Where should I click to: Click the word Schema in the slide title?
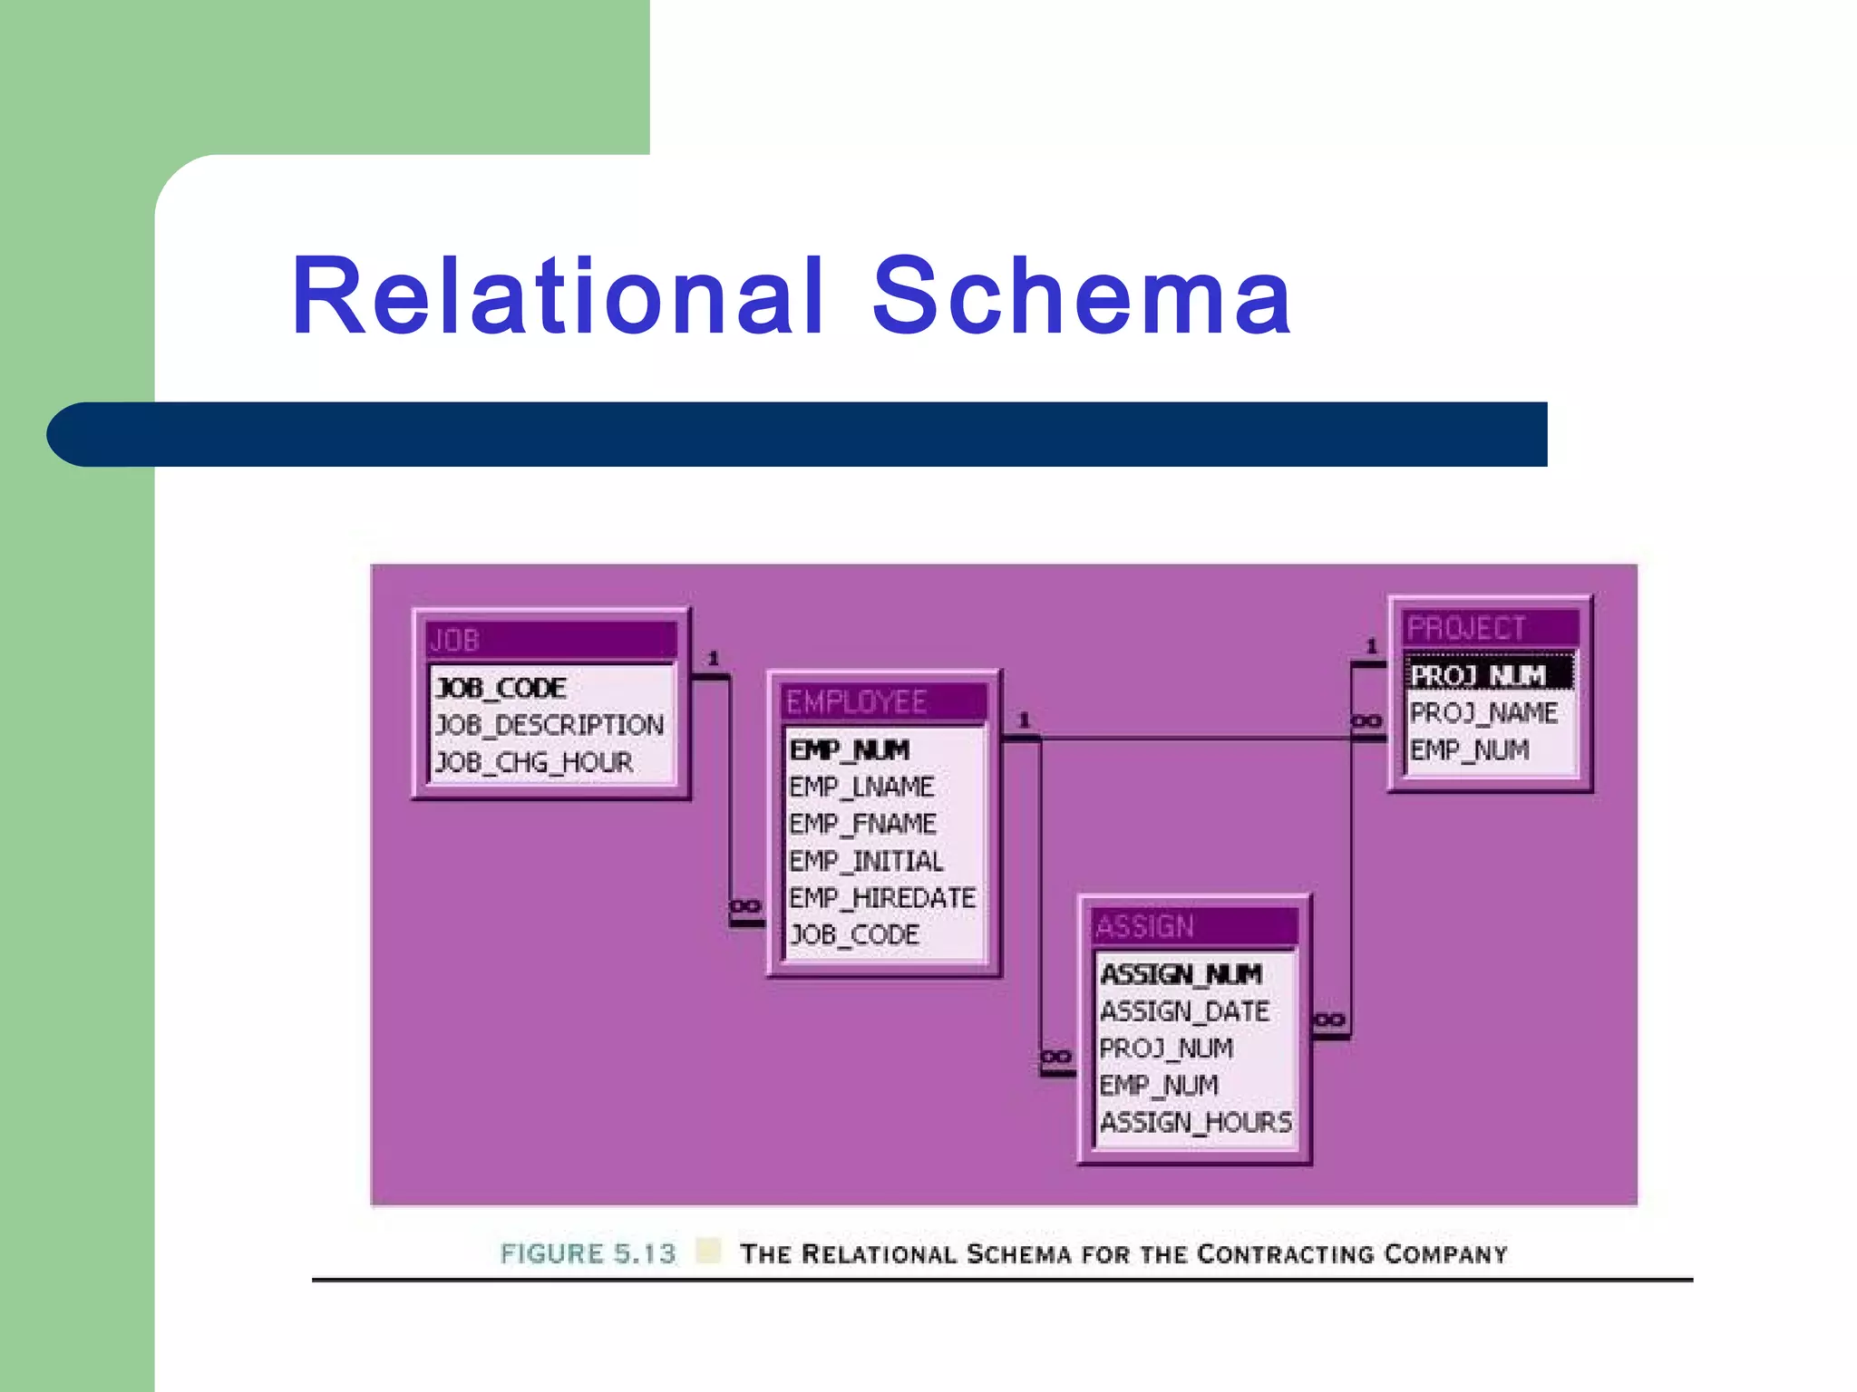1081,296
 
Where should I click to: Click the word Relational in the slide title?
557,296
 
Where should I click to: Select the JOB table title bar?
551,640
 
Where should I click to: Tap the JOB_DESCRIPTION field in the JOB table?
549,725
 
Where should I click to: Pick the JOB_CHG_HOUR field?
534,762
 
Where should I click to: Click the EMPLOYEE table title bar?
883,701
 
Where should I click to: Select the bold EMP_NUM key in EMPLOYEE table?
850,750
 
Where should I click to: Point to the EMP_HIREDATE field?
882,898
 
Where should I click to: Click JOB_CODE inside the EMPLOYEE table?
854,935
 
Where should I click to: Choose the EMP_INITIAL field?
866,861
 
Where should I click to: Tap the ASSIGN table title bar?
1193,926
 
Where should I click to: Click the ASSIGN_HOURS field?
1195,1123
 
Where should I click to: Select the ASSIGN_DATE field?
1184,1011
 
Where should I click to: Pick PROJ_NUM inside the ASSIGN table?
1166,1049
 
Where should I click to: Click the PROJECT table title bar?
1490,628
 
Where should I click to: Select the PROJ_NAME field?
1483,713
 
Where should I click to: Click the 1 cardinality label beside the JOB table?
714,659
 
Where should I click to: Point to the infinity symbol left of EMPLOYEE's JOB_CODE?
745,906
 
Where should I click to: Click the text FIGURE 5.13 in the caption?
588,1253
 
